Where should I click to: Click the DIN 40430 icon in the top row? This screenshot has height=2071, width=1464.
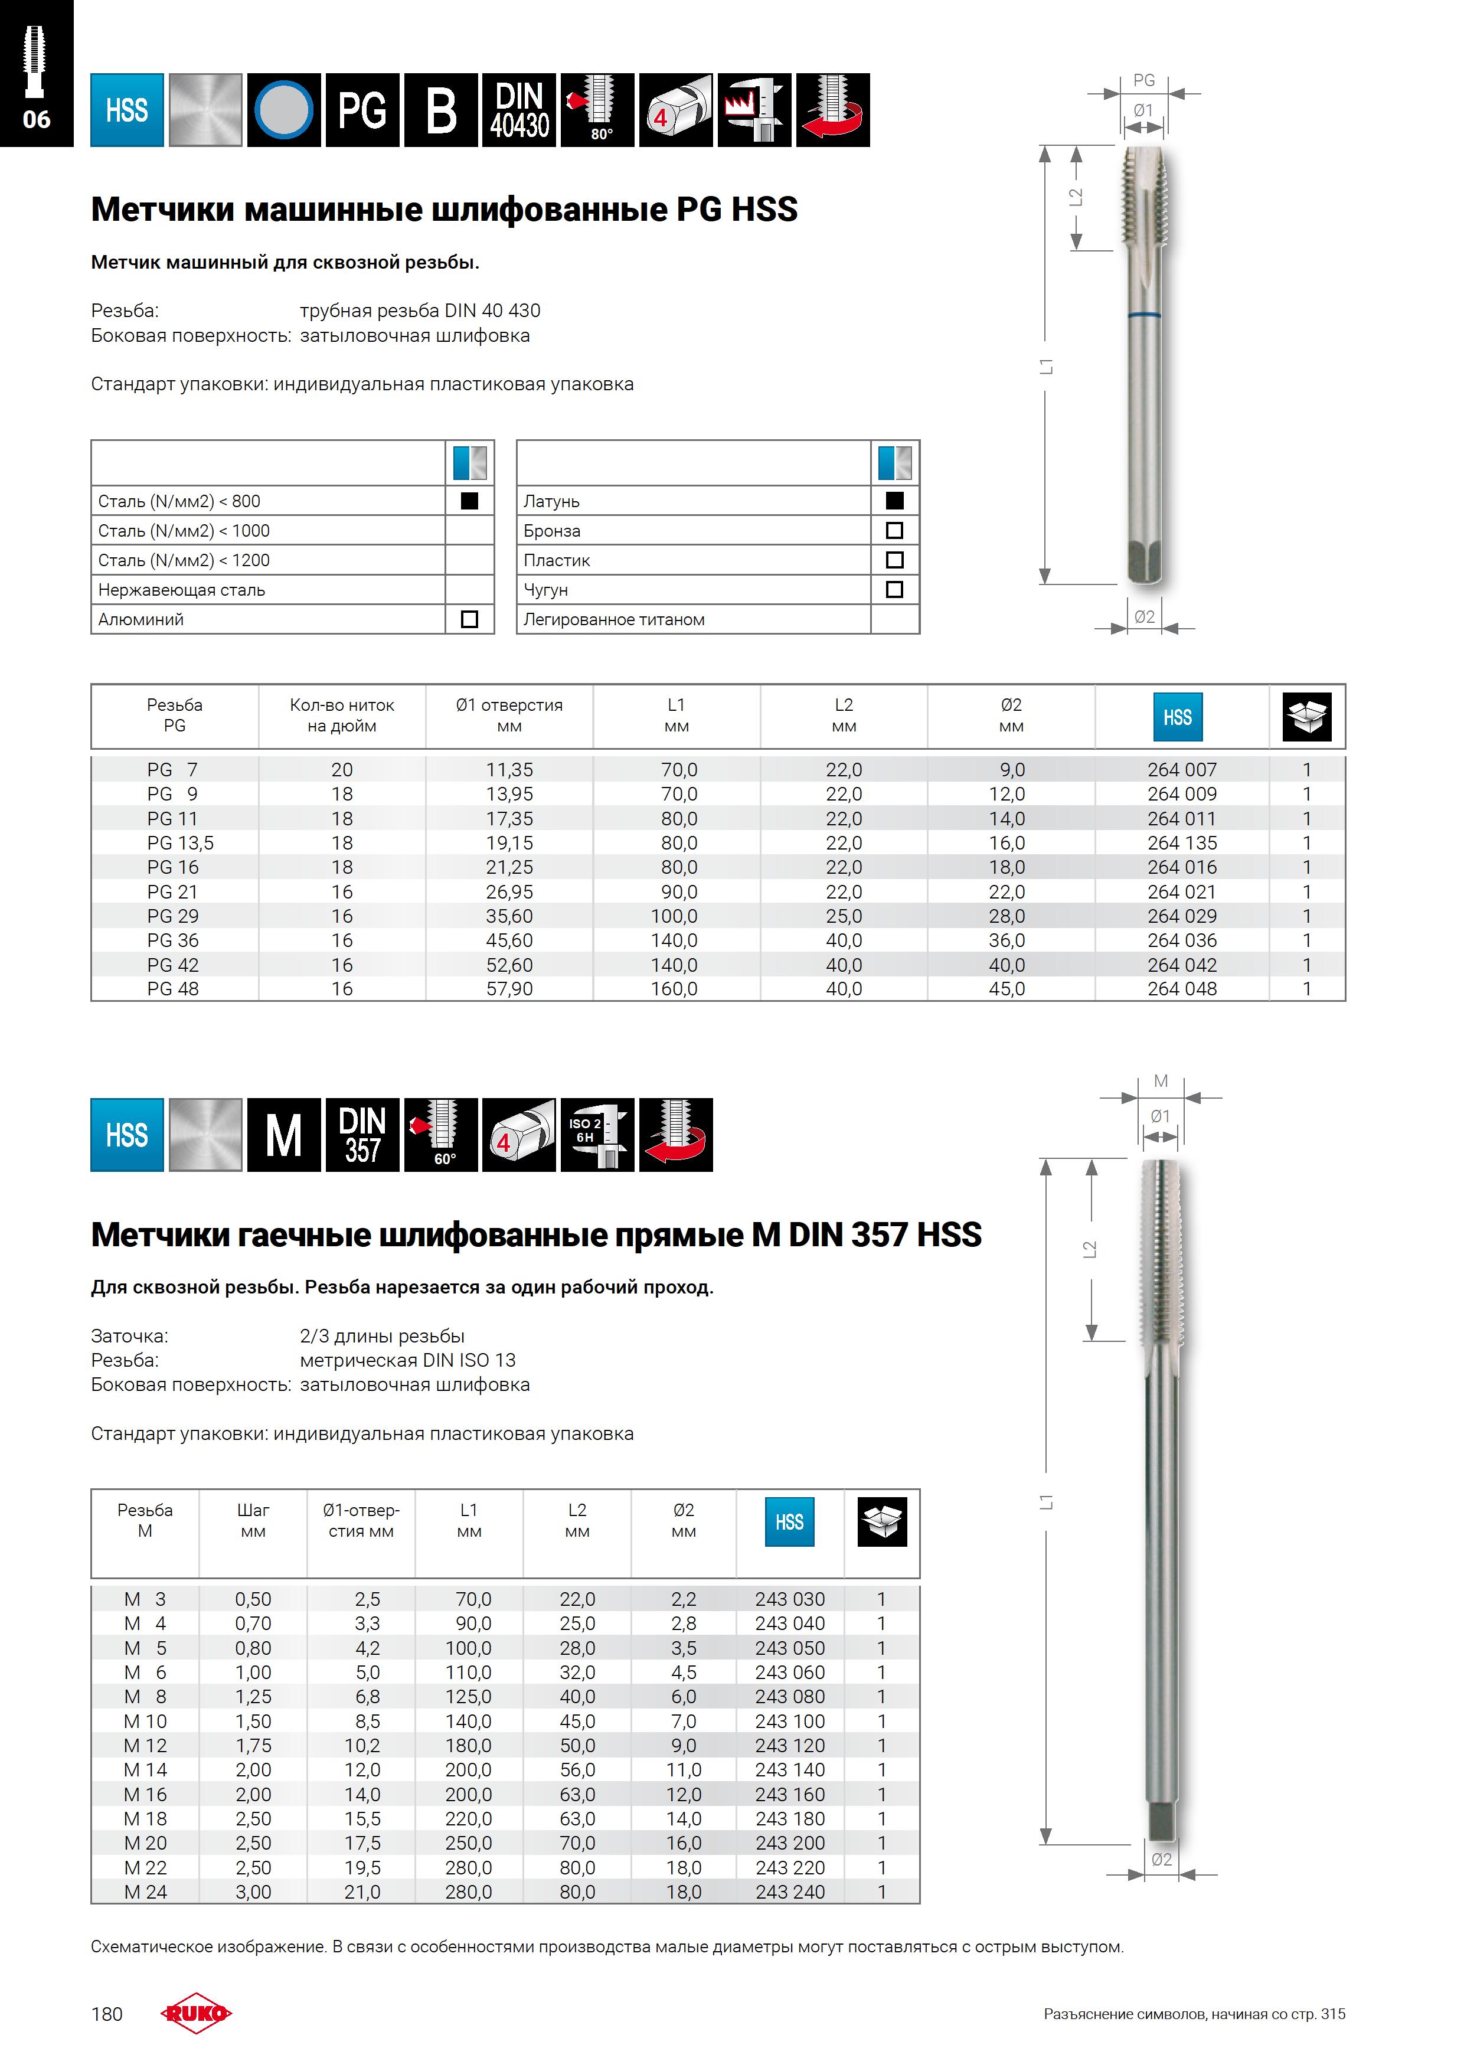pyautogui.click(x=519, y=110)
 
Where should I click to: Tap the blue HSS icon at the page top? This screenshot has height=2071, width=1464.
pyautogui.click(x=127, y=110)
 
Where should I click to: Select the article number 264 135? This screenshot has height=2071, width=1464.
pyautogui.click(x=1182, y=842)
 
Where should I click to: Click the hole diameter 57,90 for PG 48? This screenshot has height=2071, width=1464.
pyautogui.click(x=509, y=989)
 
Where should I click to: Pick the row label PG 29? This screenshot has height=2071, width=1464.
pyautogui.click(x=173, y=916)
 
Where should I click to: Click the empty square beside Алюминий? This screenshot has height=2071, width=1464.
pyautogui.click(x=469, y=619)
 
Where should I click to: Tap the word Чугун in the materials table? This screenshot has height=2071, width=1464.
pyautogui.click(x=545, y=590)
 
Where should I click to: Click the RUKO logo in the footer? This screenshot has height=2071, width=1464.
pyautogui.click(x=196, y=2013)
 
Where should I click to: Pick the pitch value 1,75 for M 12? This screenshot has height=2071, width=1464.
pyautogui.click(x=253, y=1745)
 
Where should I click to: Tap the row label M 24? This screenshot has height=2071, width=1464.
pyautogui.click(x=145, y=1892)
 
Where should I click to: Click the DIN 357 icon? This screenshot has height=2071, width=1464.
pyautogui.click(x=362, y=1135)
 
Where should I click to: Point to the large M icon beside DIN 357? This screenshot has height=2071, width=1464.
pyautogui.click(x=284, y=1135)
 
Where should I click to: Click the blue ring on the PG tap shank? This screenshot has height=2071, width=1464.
pyautogui.click(x=1145, y=316)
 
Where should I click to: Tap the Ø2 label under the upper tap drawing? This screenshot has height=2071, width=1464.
pyautogui.click(x=1145, y=617)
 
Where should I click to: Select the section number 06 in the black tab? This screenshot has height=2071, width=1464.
pyautogui.click(x=36, y=119)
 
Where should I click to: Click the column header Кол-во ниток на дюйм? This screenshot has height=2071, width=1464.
pyautogui.click(x=342, y=716)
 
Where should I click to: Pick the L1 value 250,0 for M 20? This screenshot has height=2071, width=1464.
pyautogui.click(x=468, y=1843)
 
